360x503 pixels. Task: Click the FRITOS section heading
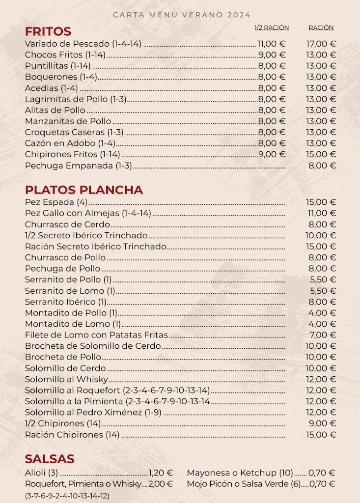[48, 31]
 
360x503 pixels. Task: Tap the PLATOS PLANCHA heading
[84, 190]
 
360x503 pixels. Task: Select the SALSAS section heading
[50, 459]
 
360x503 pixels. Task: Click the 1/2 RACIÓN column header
[272, 28]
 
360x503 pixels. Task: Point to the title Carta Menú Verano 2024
[182, 15]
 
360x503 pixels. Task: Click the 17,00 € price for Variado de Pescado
[321, 44]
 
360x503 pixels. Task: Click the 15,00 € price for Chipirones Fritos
[321, 154]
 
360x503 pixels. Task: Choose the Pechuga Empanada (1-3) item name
[79, 166]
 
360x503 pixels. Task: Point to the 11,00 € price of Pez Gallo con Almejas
[321, 213]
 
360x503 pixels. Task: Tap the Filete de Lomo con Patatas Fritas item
[96, 335]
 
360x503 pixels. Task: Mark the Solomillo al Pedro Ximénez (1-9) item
[93, 413]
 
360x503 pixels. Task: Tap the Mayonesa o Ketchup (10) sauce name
[240, 473]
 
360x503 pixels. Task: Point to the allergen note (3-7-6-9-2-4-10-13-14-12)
[67, 496]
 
